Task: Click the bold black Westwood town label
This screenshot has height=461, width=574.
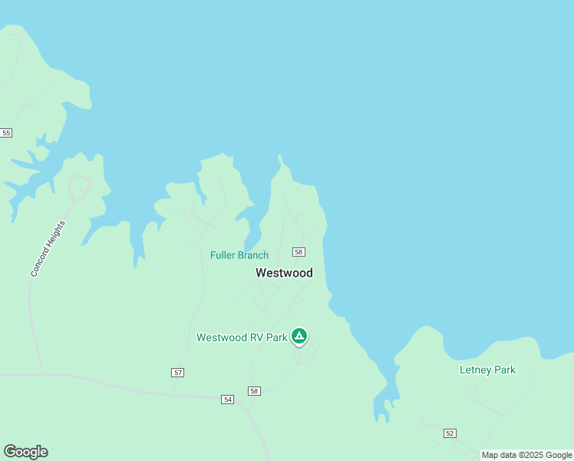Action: pos(284,273)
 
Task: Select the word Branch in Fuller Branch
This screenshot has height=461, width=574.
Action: pos(253,255)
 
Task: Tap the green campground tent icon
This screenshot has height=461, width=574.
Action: pos(299,336)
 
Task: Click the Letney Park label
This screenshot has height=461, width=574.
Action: pos(487,370)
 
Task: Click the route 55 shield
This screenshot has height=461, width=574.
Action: pos(6,133)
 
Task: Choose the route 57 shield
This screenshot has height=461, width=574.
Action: pos(178,373)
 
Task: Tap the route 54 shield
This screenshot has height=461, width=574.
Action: pos(227,400)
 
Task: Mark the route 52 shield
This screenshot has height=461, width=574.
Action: pos(450,433)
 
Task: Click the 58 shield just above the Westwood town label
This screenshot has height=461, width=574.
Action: pos(299,252)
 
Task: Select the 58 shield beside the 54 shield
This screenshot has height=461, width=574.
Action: pos(254,391)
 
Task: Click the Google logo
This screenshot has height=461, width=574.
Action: pos(25,452)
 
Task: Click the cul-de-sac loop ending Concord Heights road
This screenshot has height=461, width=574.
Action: pos(78,186)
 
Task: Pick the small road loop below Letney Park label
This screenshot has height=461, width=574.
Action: pos(473,393)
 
